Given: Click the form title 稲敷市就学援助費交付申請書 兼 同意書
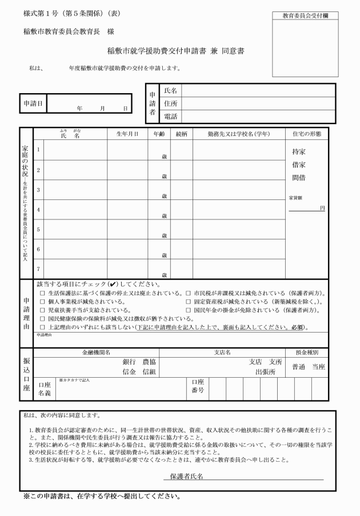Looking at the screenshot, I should coord(176,51).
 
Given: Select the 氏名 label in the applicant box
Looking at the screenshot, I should coord(170,91).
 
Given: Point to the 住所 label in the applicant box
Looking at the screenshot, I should coord(170,104).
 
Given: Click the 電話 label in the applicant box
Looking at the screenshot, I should coord(170,117).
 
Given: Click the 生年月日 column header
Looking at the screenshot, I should coord(127,134).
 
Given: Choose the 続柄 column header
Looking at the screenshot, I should coord(182,134).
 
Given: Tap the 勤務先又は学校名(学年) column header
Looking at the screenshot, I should coord(238,134).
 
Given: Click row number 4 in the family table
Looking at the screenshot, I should coord(38,209).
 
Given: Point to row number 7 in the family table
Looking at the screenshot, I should coord(38,268).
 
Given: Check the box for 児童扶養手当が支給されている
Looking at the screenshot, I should coord(42,310).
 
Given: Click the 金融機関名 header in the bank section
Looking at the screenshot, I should coord(96,353).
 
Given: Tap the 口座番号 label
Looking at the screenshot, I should coord(197,387).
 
